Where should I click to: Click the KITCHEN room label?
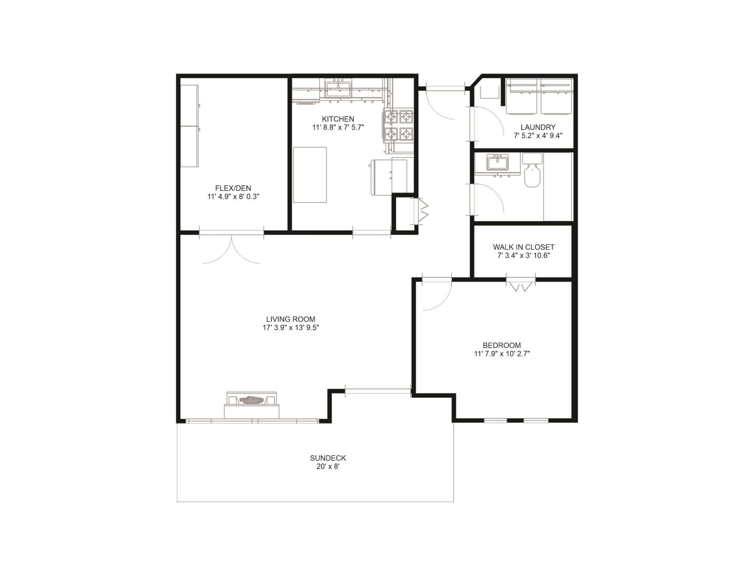pos(338,119)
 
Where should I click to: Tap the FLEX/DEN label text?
pos(233,188)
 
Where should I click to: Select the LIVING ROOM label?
pos(290,319)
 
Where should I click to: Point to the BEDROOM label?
pos(502,345)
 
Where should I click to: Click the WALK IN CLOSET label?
pos(523,247)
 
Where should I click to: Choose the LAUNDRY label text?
pos(538,127)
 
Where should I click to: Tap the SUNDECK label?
pos(328,458)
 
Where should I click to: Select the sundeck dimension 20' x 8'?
pos(328,467)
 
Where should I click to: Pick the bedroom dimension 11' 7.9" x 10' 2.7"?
pos(502,354)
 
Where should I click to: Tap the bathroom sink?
pos(497,163)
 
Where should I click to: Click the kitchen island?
pos(309,174)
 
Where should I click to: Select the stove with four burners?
pos(399,125)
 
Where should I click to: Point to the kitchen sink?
pos(338,88)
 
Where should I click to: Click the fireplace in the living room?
pos(252,404)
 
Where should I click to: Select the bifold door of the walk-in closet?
pos(521,286)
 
